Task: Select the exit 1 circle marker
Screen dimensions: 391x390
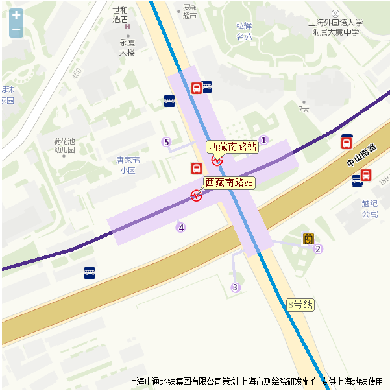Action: pyautogui.click(x=263, y=140)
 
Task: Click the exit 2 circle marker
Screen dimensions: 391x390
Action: pyautogui.click(x=318, y=249)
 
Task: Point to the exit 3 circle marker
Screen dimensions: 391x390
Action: pyautogui.click(x=236, y=287)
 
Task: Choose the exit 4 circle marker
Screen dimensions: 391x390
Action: pyautogui.click(x=181, y=228)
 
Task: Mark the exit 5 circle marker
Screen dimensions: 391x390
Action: pyautogui.click(x=167, y=142)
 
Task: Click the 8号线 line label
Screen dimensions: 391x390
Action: pyautogui.click(x=300, y=303)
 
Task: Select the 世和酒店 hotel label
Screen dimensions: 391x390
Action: pyautogui.click(x=120, y=14)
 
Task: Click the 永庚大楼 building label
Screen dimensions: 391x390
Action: pyautogui.click(x=127, y=47)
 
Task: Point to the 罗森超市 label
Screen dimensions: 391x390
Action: pyautogui.click(x=189, y=11)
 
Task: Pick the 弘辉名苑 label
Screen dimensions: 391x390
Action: pyautogui.click(x=244, y=31)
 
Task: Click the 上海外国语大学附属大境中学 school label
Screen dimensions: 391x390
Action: pyautogui.click(x=335, y=27)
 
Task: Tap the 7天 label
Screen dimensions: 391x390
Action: pyautogui.click(x=304, y=109)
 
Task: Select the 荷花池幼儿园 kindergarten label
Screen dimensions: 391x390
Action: pyautogui.click(x=64, y=145)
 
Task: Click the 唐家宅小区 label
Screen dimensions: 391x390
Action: pyautogui.click(x=128, y=165)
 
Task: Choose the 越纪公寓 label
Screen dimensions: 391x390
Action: pyautogui.click(x=370, y=208)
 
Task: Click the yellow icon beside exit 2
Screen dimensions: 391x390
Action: pyautogui.click(x=308, y=239)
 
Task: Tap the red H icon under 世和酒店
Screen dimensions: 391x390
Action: pyautogui.click(x=128, y=27)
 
